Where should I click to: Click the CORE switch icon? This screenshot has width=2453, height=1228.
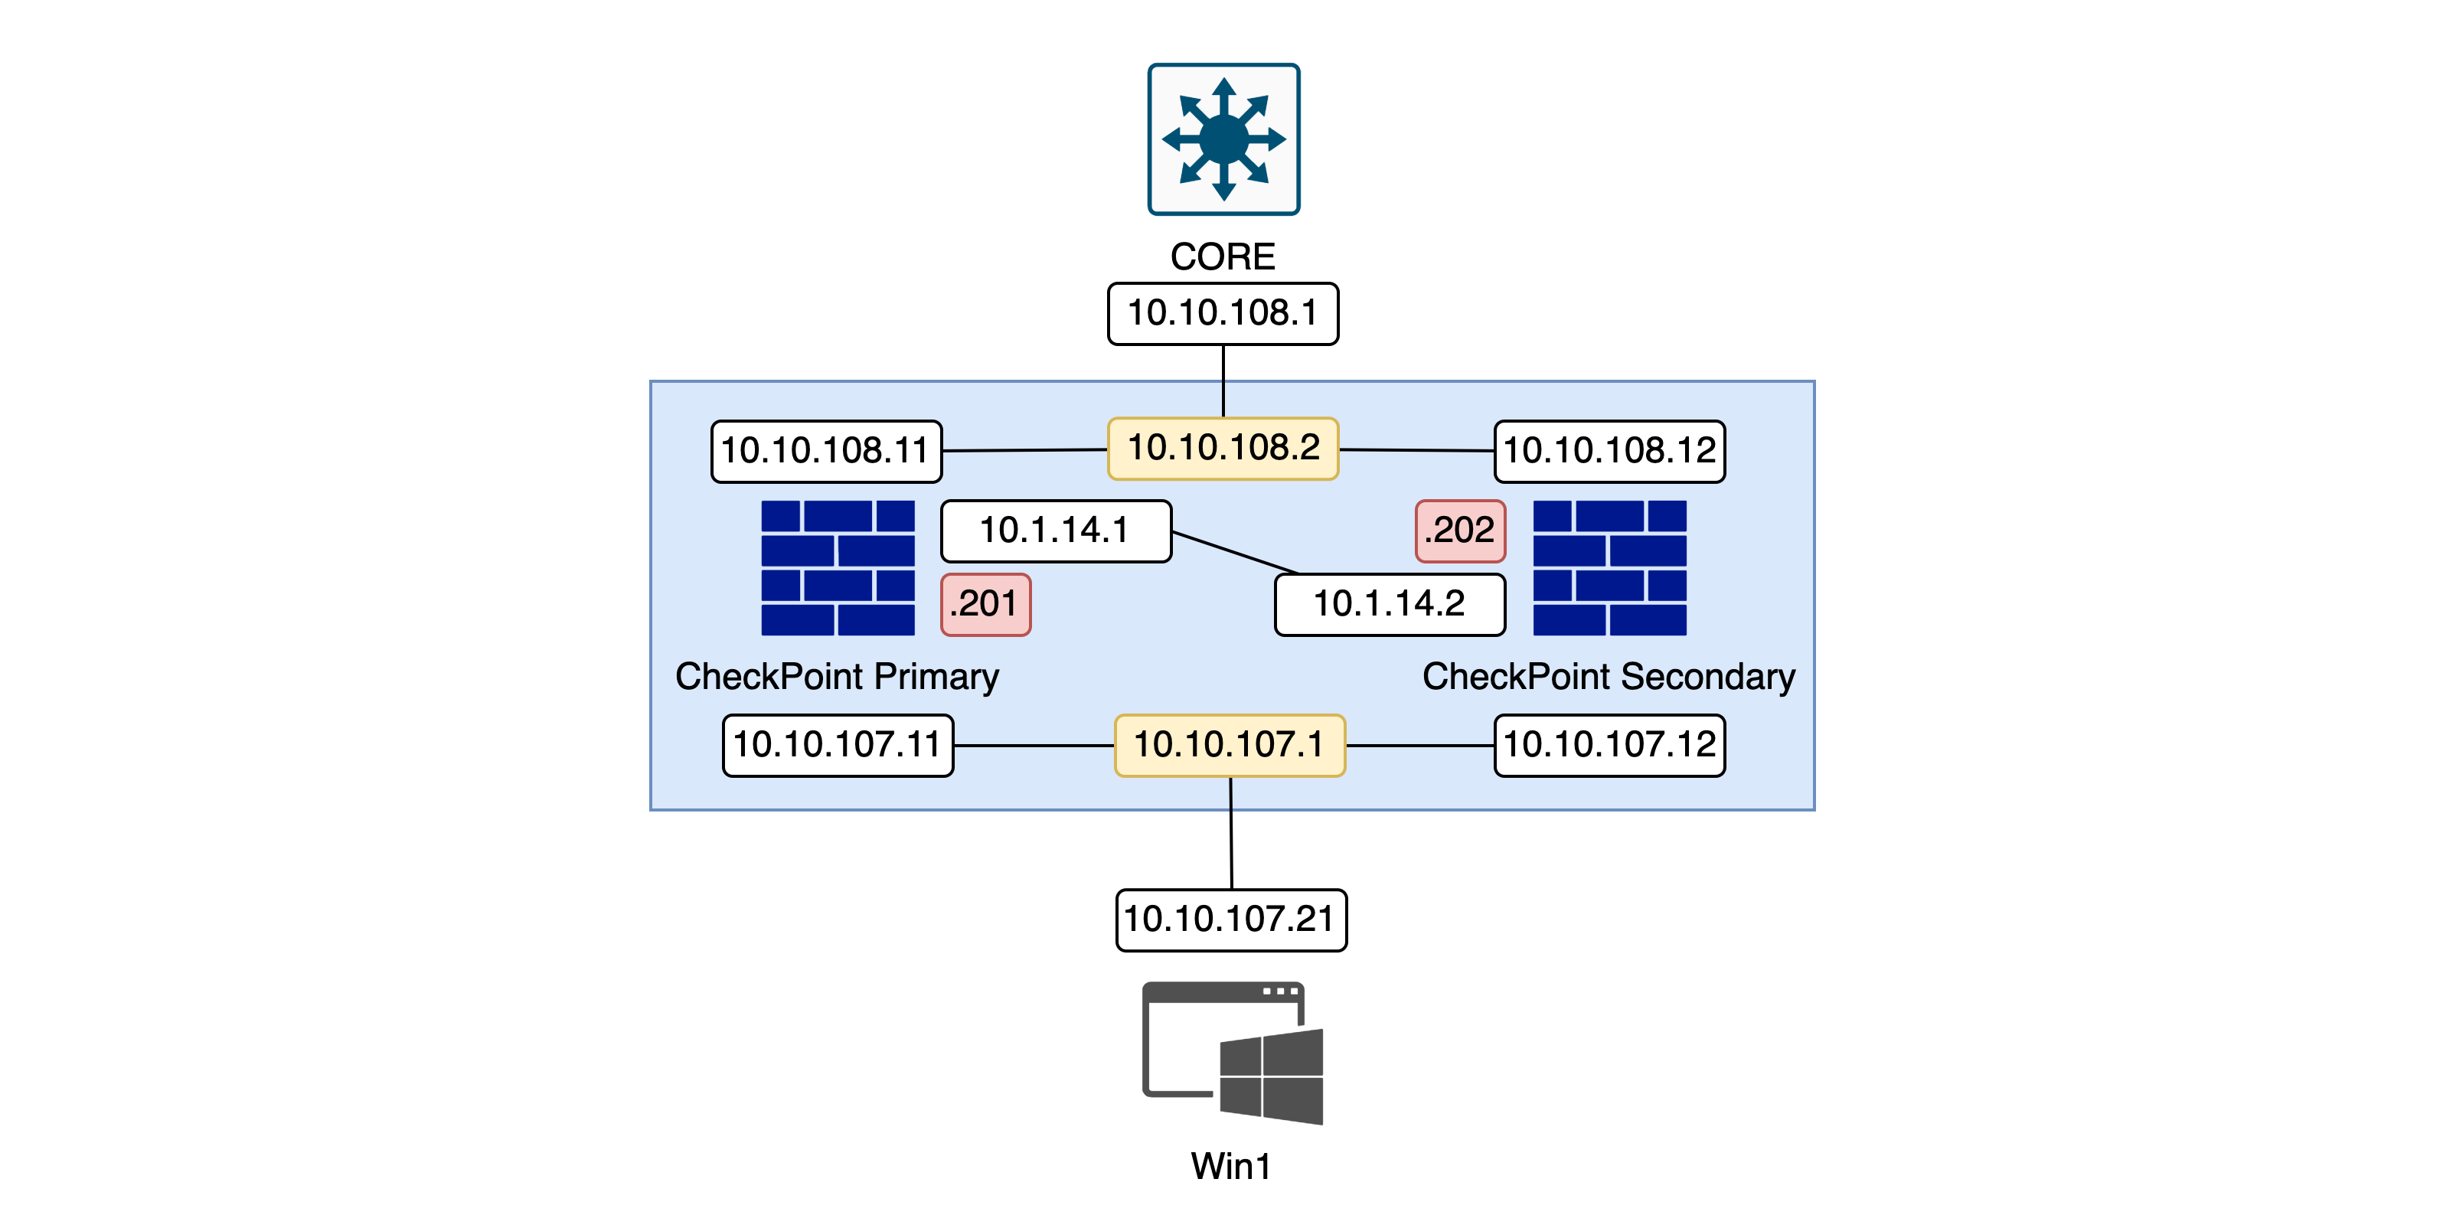(1223, 139)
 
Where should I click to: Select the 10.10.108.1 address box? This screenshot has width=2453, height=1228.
(1223, 313)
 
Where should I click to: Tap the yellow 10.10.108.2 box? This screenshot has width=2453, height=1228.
(1223, 449)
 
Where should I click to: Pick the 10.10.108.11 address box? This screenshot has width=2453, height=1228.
(825, 451)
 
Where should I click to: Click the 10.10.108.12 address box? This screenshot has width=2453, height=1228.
(1609, 451)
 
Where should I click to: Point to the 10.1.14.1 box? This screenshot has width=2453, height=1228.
(1055, 531)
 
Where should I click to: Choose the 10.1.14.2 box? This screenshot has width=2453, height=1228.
(1390, 603)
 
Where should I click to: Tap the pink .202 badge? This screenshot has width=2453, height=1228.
(1460, 531)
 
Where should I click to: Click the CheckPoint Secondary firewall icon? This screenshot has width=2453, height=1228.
(1609, 567)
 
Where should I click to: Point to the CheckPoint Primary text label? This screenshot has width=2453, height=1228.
(837, 677)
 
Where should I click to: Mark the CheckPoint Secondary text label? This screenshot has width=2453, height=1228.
(1609, 677)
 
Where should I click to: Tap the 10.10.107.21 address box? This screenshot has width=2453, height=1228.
(1230, 919)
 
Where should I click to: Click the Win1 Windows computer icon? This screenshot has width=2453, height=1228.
(1232, 1053)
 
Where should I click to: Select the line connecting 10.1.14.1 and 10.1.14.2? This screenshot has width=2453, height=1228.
(1235, 553)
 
